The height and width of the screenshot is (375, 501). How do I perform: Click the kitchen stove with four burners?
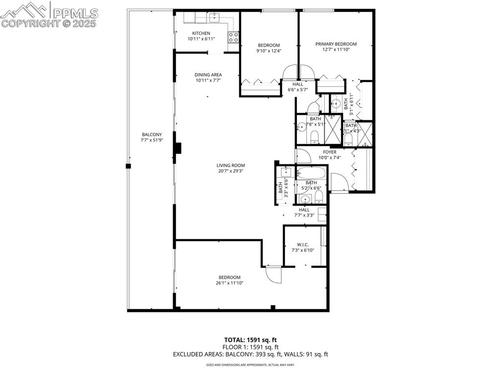coord(233,37)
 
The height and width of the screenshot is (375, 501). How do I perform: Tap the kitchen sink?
coord(214,18)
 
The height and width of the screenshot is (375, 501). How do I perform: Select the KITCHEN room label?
coord(201,33)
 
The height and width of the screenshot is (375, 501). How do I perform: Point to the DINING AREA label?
coord(208,75)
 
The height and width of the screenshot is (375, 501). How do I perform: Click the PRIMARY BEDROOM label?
coord(336,44)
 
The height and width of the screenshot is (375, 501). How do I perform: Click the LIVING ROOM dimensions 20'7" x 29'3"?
coord(231,171)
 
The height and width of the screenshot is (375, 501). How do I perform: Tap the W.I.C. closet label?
coord(302,244)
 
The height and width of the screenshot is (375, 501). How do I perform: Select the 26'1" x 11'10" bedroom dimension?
coord(229,283)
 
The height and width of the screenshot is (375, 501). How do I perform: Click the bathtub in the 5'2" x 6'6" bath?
coord(311,174)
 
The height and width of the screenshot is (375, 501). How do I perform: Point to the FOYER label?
coord(329,152)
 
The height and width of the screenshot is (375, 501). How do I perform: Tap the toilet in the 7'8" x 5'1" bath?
coord(315,136)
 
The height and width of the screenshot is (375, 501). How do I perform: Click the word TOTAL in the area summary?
coord(234,339)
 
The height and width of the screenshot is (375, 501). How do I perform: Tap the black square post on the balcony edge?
coord(128,166)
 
